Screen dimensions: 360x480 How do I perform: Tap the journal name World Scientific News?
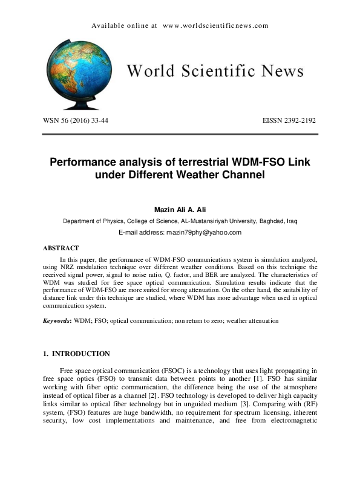pos(215,71)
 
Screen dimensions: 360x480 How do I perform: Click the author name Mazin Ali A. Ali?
pos(180,209)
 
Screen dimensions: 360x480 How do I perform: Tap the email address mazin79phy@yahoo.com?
pos(204,233)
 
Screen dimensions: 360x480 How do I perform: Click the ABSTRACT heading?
pos(61,248)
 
